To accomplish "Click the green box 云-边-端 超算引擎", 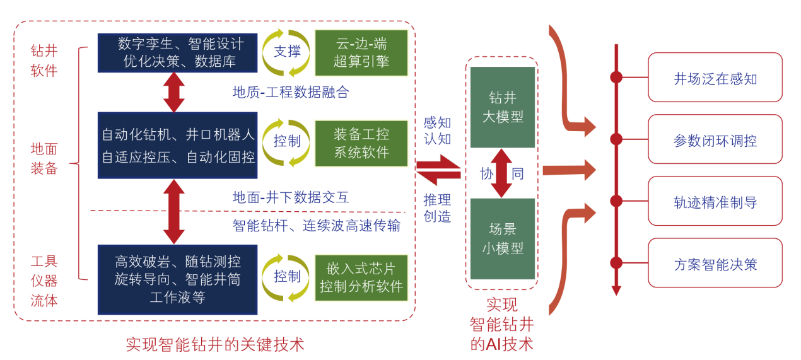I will click(x=361, y=52).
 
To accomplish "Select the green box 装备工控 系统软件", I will click(x=361, y=142).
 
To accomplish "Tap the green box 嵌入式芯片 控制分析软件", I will click(x=361, y=277).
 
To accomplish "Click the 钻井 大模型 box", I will click(x=503, y=107).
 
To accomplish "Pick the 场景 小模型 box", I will click(x=503, y=238).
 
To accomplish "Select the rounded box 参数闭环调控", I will click(x=715, y=140).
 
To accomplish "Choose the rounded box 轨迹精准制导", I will click(x=715, y=202).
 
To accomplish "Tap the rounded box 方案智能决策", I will click(x=715, y=264).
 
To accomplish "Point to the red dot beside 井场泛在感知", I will click(x=616, y=78).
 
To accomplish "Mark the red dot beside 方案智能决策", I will click(x=616, y=263).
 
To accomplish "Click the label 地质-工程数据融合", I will click(x=290, y=93).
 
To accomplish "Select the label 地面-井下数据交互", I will click(x=290, y=197).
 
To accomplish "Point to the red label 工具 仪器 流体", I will click(x=44, y=281).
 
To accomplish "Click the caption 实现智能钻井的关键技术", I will click(x=214, y=344).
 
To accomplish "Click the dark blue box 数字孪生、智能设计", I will click(x=177, y=53).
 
